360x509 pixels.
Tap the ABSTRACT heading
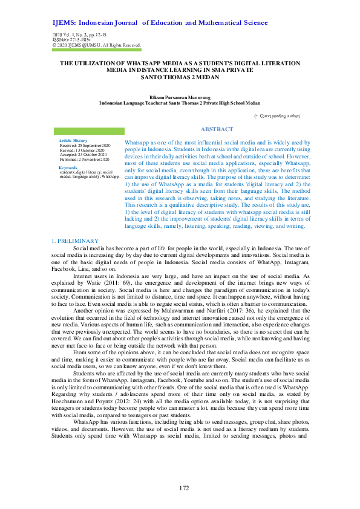click(217, 129)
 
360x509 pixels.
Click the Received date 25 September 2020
click(85, 146)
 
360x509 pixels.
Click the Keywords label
click(68, 167)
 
